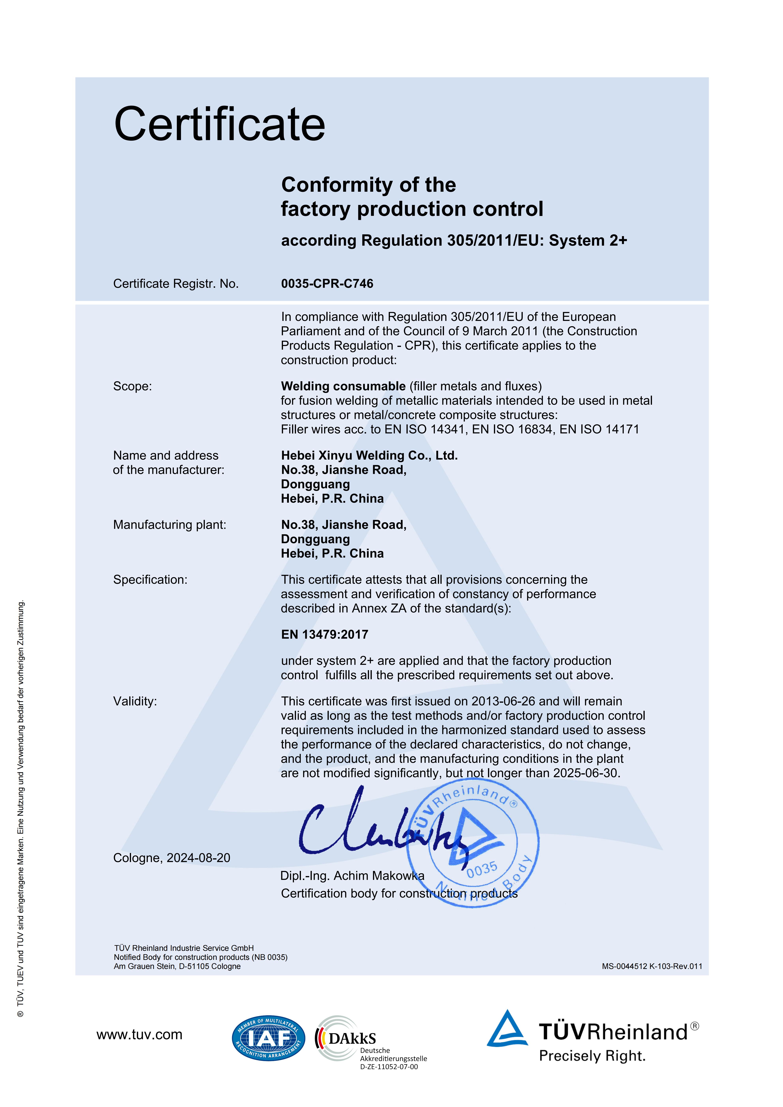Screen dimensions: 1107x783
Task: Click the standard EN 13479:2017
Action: pyautogui.click(x=325, y=634)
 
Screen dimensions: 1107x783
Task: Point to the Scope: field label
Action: pyautogui.click(x=132, y=386)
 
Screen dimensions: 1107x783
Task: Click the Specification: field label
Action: pyautogui.click(x=150, y=580)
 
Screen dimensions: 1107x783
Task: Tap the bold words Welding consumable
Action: pyautogui.click(x=343, y=386)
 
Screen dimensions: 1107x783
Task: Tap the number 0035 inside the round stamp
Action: pyautogui.click(x=481, y=869)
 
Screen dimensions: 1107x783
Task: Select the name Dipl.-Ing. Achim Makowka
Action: pyautogui.click(x=352, y=876)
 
